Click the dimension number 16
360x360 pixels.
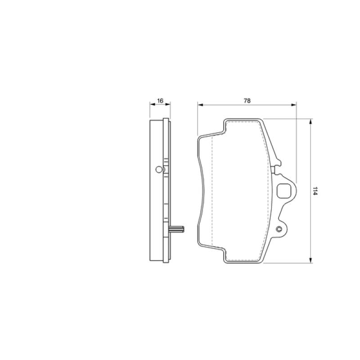coord(160,101)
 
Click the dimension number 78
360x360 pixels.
coord(247,101)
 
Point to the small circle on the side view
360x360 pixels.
coord(158,169)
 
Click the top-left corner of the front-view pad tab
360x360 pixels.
coord(225,120)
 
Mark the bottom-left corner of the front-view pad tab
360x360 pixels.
coord(225,262)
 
